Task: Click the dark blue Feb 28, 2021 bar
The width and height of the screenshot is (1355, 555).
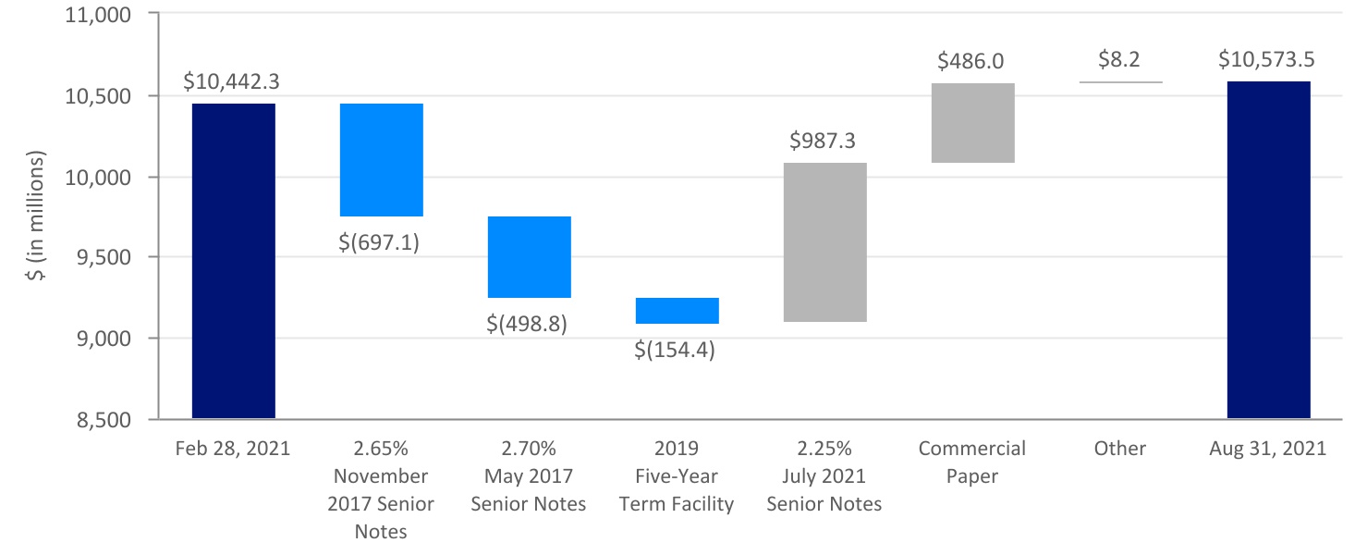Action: [233, 261]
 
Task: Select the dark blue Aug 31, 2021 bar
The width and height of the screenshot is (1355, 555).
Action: [1268, 250]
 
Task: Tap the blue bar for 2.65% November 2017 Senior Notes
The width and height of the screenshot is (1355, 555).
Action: [381, 159]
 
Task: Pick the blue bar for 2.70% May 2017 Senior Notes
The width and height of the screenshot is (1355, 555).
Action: [529, 256]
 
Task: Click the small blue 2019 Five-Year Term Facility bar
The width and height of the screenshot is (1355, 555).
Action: [677, 310]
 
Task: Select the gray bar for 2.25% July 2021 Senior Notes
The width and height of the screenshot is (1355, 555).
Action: [824, 241]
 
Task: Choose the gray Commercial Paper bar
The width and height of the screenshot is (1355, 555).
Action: [972, 122]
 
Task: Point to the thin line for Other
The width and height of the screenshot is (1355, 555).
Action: [1120, 82]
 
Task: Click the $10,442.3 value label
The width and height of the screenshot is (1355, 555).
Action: [231, 81]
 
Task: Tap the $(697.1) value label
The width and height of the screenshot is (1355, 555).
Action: [381, 245]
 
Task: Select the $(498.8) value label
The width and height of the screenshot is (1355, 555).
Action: [529, 325]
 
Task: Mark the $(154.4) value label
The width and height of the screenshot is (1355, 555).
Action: [677, 351]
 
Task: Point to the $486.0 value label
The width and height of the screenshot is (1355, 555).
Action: [970, 62]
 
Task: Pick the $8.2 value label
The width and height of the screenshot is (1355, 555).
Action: [1118, 60]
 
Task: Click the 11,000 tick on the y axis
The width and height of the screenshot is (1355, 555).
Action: [96, 16]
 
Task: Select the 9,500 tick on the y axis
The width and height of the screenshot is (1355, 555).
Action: [102, 258]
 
